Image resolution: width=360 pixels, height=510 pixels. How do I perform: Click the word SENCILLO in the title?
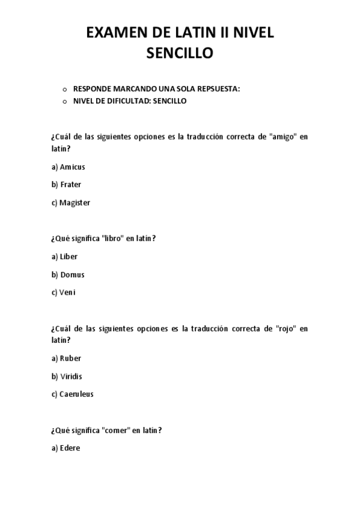click(x=180, y=54)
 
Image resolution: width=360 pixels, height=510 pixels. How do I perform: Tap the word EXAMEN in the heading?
click(x=112, y=33)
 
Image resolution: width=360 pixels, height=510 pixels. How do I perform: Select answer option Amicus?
click(x=72, y=167)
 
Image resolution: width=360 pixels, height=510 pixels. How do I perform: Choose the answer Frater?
click(x=70, y=185)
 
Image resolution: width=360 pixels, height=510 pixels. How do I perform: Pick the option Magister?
click(x=75, y=203)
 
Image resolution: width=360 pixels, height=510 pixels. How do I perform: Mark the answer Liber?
click(x=69, y=257)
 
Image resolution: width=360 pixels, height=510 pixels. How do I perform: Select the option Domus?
click(x=72, y=275)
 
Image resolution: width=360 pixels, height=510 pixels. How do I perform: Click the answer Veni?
click(x=67, y=293)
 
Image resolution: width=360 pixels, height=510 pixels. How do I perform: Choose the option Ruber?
click(x=70, y=358)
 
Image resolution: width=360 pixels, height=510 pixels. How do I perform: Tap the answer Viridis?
click(x=71, y=376)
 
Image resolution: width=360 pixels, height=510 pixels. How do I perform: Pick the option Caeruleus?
click(x=76, y=395)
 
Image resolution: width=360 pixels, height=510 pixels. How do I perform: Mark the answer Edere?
click(x=70, y=448)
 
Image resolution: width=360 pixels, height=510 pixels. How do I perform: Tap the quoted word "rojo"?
click(x=285, y=329)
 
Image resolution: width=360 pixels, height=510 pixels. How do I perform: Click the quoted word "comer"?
click(x=117, y=431)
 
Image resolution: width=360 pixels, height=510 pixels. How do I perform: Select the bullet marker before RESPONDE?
click(x=64, y=90)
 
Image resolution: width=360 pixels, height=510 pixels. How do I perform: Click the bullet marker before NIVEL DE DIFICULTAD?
click(x=64, y=102)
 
